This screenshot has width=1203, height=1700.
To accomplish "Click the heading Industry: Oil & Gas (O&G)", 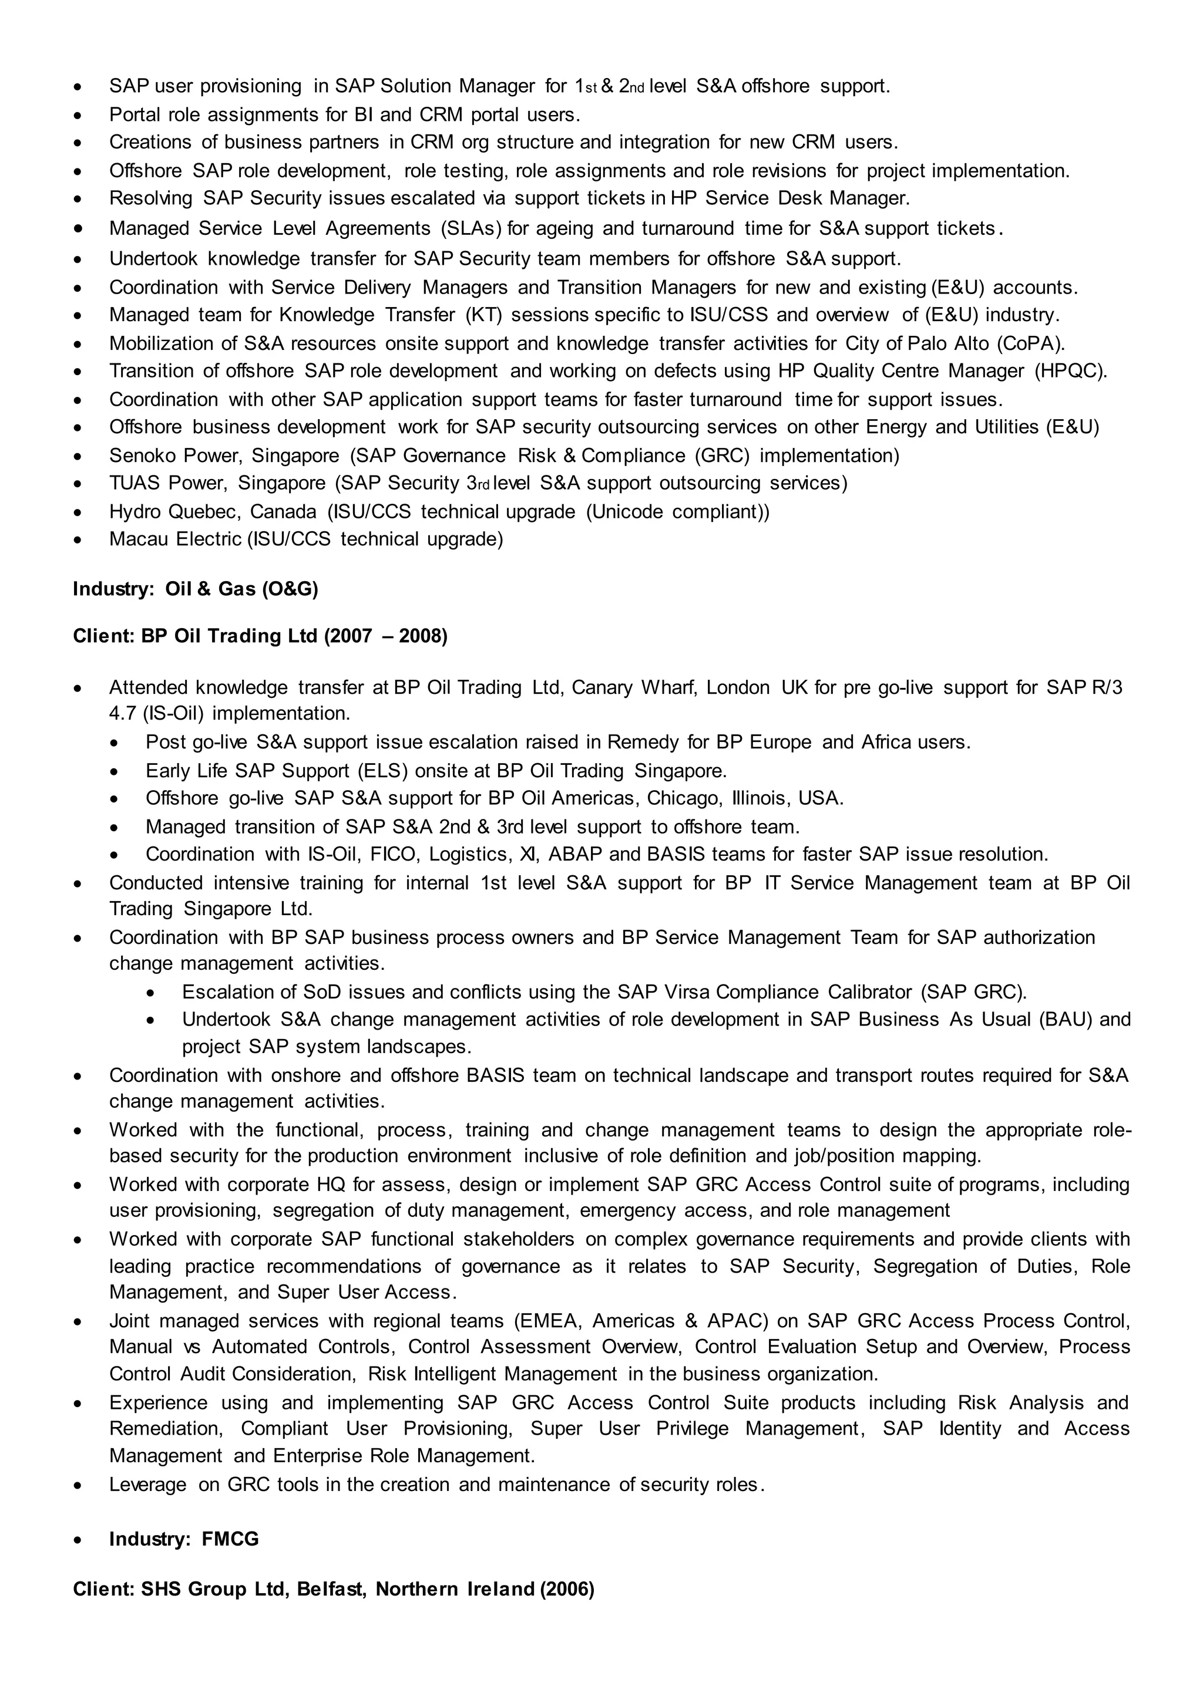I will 196,589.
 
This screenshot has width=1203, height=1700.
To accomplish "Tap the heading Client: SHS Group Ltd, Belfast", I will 333,1589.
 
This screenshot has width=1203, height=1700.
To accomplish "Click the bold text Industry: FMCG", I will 184,1539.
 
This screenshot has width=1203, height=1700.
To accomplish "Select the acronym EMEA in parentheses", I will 545,1321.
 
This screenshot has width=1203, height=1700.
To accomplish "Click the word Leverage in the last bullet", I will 147,1485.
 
